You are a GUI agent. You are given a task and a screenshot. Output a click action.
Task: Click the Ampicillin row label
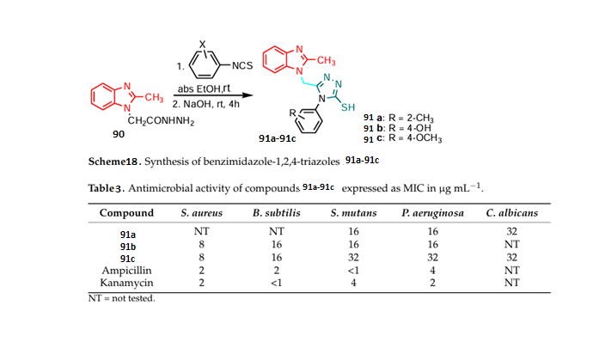point(126,269)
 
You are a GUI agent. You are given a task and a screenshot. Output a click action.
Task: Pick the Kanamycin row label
point(126,281)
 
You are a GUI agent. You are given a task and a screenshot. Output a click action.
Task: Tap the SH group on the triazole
point(347,109)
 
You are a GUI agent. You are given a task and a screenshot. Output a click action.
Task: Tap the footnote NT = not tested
point(121,299)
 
